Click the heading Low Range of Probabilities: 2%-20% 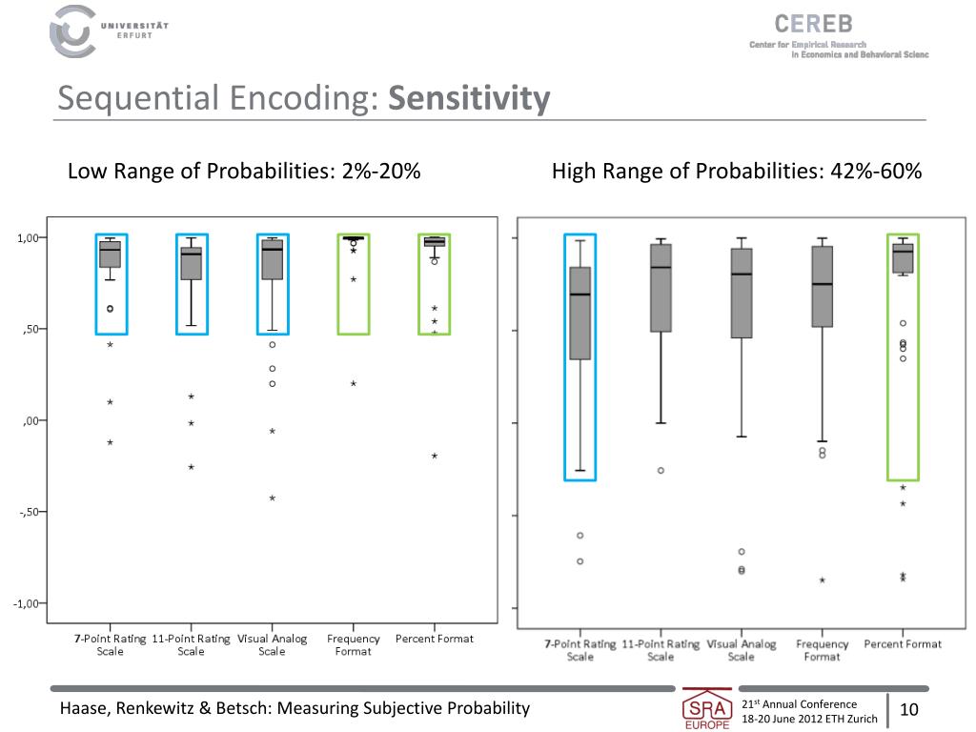(244, 172)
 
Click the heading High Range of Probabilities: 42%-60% (737, 172)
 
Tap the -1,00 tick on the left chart (29, 603)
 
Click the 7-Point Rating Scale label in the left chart (110, 645)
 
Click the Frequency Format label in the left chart (353, 645)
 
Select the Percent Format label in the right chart (903, 644)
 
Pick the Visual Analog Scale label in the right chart (742, 650)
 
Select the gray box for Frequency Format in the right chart (822, 287)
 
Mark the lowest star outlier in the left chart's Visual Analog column (272, 498)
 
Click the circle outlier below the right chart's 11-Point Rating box (661, 471)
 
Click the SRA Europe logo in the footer (707, 710)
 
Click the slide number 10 (908, 710)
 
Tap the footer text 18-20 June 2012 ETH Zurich (809, 720)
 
